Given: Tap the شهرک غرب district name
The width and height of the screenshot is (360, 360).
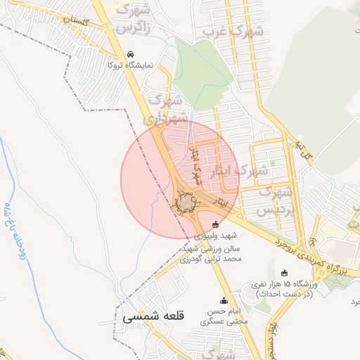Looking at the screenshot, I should (233, 32).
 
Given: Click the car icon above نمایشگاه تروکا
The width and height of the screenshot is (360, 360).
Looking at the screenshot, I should (130, 54).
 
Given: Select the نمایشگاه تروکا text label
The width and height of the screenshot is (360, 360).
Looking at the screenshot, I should (109, 65).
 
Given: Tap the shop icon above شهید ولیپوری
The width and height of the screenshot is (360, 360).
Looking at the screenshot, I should (215, 225).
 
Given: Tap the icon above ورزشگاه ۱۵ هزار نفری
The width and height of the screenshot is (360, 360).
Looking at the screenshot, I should (284, 273).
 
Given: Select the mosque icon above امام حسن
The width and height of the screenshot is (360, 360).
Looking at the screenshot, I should (224, 300).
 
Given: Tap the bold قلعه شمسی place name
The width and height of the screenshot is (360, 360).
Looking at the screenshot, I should (153, 318).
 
